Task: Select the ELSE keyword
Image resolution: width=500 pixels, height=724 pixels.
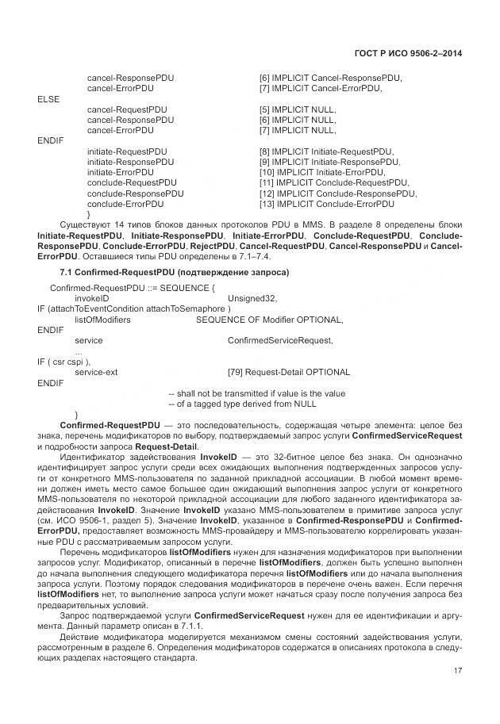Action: coord(48,99)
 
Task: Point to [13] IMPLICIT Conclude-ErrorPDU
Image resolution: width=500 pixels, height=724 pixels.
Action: coord(326,203)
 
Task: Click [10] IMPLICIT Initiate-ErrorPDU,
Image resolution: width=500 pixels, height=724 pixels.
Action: coord(321,172)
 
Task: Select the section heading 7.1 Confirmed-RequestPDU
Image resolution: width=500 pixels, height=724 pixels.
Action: coord(169,273)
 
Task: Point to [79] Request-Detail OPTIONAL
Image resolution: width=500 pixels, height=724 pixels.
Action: coord(288,371)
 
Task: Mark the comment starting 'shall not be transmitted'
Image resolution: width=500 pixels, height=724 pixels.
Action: coord(257,393)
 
